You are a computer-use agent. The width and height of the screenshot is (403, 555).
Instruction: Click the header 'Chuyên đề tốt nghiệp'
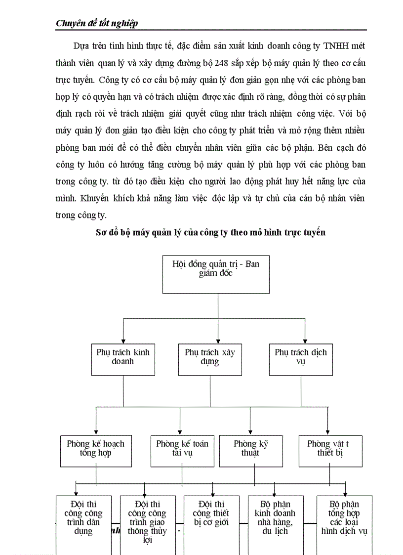pos(97,23)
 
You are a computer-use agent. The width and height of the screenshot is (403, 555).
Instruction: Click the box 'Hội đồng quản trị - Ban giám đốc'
pos(216,274)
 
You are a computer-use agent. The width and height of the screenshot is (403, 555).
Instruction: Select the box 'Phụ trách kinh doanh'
pos(123,357)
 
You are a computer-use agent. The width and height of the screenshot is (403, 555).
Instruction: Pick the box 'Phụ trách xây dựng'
pos(210,357)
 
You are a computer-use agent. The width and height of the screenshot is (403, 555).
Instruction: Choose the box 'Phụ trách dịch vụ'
pos(300,357)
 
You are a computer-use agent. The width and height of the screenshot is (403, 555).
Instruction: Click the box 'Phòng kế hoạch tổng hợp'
pos(96,450)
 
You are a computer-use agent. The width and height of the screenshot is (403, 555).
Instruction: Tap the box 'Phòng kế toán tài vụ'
pos(182,450)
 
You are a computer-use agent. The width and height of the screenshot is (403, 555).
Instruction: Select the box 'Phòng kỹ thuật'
pos(250,450)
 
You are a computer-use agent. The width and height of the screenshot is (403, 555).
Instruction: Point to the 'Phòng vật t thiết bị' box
pos(330,450)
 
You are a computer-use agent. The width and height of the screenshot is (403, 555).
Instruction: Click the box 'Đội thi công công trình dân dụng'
pos(83,521)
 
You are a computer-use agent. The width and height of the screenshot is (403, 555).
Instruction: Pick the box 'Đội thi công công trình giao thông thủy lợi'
pos(147,524)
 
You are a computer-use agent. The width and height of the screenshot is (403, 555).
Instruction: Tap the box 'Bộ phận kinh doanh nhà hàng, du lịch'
pos(275,521)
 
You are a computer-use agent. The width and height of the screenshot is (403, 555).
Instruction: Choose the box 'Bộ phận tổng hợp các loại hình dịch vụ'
pos(344,521)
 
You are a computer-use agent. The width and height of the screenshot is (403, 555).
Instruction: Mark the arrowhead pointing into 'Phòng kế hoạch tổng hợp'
pos(96,431)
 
